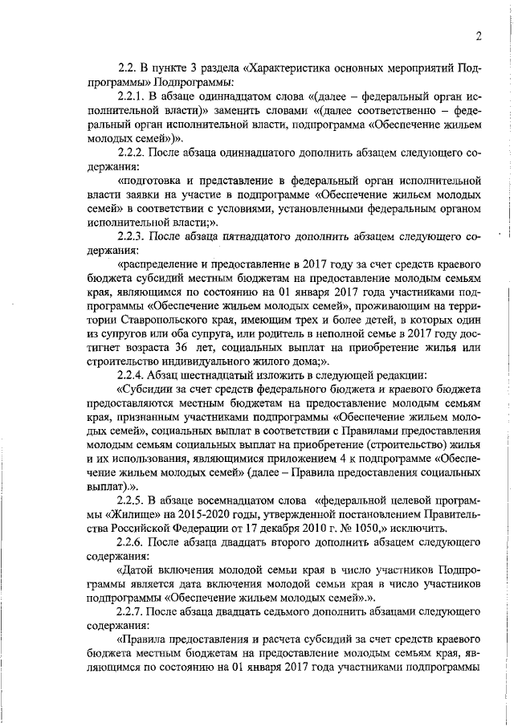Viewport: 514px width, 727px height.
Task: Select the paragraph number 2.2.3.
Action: pyautogui.click(x=133, y=236)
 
